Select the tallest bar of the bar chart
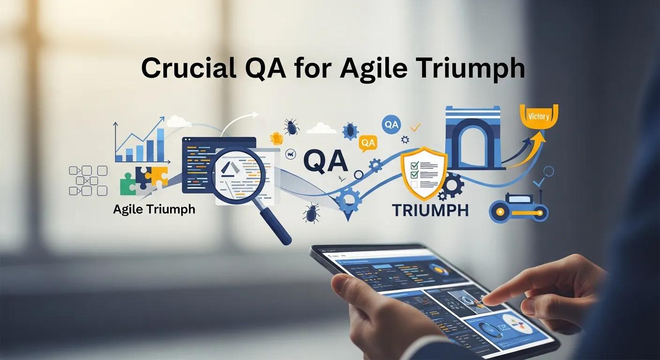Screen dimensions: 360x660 [x=161, y=144]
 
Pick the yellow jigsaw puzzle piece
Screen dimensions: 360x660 [x=156, y=175]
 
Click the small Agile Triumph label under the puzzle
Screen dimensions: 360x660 [x=154, y=209]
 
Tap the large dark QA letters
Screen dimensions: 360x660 [x=325, y=161]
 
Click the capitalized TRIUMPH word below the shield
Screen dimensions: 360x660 [x=430, y=210]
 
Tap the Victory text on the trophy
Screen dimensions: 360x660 [x=538, y=116]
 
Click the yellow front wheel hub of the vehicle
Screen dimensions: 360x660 [x=500, y=212]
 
